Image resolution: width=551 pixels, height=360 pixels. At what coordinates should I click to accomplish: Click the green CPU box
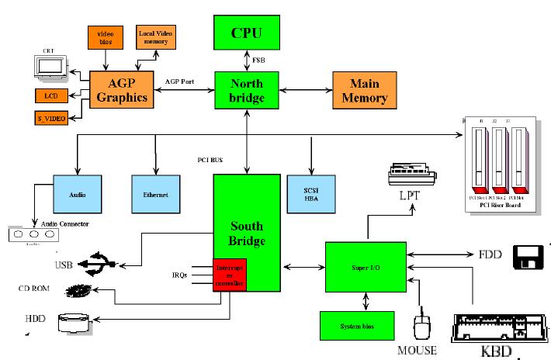click(x=247, y=33)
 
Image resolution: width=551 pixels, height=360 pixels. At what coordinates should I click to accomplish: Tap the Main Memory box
click(x=369, y=90)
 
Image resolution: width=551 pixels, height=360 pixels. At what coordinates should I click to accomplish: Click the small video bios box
click(x=105, y=36)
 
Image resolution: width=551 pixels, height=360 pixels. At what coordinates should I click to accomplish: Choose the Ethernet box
click(x=155, y=195)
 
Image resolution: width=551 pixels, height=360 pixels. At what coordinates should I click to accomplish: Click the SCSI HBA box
click(x=311, y=194)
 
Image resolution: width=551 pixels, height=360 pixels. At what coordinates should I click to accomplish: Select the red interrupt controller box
click(x=230, y=275)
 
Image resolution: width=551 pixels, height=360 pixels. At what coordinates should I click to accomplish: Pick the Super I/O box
click(x=364, y=268)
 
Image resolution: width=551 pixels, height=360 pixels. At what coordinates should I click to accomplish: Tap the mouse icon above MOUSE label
click(x=422, y=327)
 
